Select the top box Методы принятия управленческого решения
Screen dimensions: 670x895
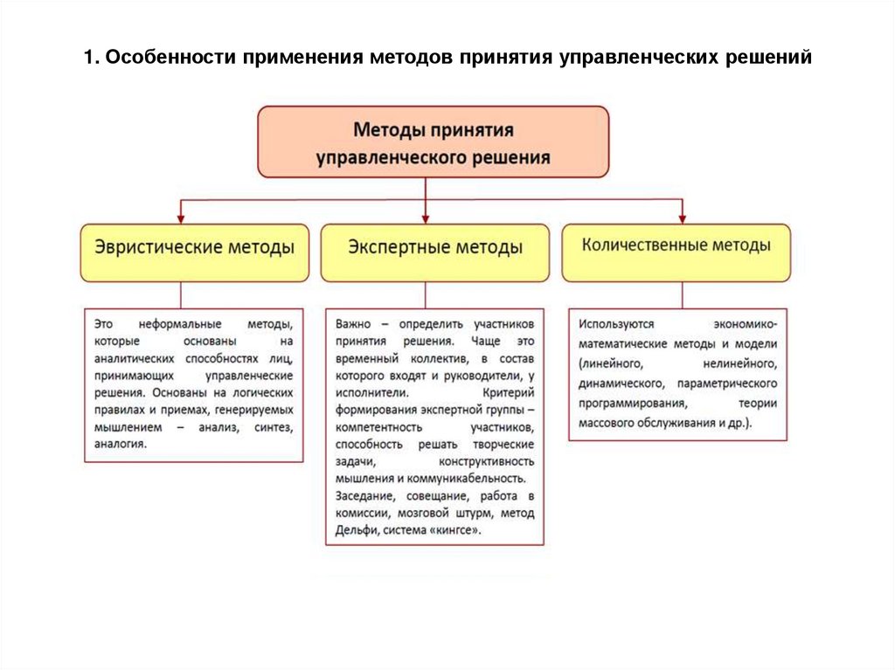(x=433, y=142)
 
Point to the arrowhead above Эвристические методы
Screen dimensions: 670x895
(x=181, y=218)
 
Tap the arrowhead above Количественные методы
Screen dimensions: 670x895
(x=682, y=217)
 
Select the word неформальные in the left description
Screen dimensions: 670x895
(x=170, y=323)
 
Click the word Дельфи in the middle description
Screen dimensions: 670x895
(x=355, y=529)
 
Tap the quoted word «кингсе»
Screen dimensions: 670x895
(x=454, y=529)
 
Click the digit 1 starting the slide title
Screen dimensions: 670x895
(x=89, y=58)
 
